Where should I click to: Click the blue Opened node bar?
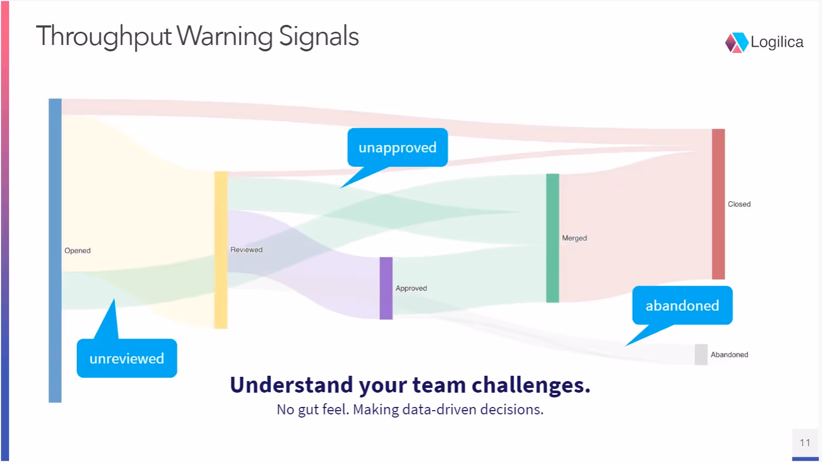tap(55, 250)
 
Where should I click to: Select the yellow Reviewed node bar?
tap(221, 250)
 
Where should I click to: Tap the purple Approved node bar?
tap(386, 288)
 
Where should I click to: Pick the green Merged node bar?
tap(553, 238)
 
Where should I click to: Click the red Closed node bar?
tap(718, 204)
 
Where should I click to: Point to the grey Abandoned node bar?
tap(701, 355)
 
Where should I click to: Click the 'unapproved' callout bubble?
tap(398, 148)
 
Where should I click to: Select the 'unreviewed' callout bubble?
tap(127, 358)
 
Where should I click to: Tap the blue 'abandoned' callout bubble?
tap(682, 305)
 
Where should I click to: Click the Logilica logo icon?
tap(736, 43)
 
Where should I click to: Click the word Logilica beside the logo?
tap(777, 42)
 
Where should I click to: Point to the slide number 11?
tap(805, 443)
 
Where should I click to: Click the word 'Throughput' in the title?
tap(104, 37)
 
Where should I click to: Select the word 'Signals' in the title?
tap(319, 37)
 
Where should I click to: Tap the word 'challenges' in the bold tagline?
tap(530, 385)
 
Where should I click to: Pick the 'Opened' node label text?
tap(77, 251)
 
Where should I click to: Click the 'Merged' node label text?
tap(574, 238)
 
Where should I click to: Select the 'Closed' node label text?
tap(739, 204)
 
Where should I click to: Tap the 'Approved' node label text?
tap(411, 288)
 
